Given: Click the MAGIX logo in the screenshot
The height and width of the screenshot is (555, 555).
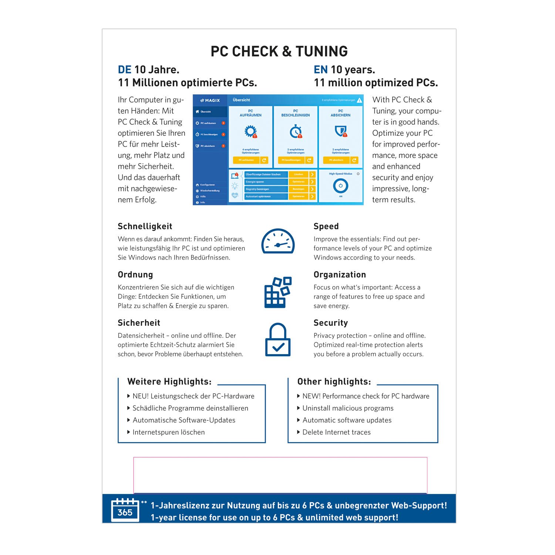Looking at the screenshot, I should tap(210, 100).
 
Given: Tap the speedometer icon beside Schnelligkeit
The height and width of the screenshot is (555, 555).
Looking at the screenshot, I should tap(278, 242).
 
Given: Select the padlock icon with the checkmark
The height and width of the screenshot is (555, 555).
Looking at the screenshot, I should tap(278, 340).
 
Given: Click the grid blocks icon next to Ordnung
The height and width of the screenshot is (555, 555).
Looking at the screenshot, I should tap(278, 292).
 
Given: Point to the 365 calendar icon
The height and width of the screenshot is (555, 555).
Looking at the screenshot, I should tap(125, 510).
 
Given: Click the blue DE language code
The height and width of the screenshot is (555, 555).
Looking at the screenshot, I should tap(125, 70).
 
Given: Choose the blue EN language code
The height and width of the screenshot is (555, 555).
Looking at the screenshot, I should tap(320, 70).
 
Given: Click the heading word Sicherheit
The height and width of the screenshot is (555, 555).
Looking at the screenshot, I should tap(139, 323).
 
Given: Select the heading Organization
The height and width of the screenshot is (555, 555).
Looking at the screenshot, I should tap(340, 275).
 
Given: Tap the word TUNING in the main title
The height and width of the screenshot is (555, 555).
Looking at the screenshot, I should tap(322, 51).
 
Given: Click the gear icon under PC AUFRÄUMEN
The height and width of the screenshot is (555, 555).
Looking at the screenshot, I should tap(250, 131).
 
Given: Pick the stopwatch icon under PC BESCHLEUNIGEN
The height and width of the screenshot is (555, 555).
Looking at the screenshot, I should tap(296, 131).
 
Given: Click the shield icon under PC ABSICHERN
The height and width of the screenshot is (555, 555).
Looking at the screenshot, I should tap(340, 131).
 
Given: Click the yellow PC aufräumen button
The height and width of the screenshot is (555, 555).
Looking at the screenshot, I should tap(246, 160).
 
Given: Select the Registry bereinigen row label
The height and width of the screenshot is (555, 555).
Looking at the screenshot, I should tap(258, 189).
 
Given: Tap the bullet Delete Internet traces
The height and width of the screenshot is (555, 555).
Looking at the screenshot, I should tap(336, 432).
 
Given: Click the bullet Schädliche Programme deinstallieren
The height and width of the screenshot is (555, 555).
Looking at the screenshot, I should tap(190, 408).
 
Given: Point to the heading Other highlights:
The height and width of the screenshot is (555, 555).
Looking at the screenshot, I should tap(334, 381).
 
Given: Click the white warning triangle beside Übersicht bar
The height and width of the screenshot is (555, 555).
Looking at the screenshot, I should tap(359, 100).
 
